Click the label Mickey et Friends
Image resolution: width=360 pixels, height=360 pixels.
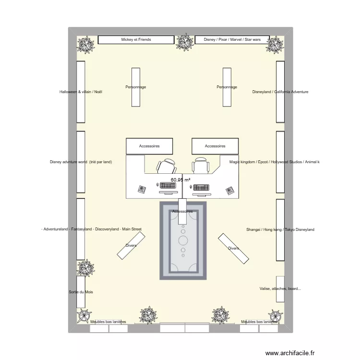tap(136, 39)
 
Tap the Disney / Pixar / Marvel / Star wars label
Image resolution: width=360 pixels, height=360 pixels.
tap(232, 39)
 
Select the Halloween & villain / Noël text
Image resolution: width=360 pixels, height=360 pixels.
tap(81, 92)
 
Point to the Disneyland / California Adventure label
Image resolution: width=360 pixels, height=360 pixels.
tap(280, 92)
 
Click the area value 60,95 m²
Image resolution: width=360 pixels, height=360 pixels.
tap(180, 180)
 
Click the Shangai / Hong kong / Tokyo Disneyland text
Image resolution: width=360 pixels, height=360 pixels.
tap(280, 230)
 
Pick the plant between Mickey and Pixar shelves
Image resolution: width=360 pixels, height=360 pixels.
tap(183, 43)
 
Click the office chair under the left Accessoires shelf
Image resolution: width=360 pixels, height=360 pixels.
tap(166, 166)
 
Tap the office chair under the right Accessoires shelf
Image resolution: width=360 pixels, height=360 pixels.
tap(200, 166)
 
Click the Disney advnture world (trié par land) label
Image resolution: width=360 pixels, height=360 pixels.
tap(81, 162)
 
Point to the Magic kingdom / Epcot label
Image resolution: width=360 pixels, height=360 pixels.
tap(274, 162)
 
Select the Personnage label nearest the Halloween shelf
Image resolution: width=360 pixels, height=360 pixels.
tap(135, 87)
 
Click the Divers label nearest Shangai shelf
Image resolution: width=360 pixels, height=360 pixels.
tap(233, 249)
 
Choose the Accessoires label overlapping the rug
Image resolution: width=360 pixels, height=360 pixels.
tap(182, 211)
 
